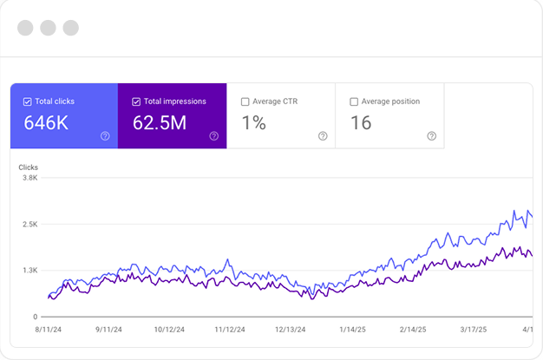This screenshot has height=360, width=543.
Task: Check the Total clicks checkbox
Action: tap(28, 101)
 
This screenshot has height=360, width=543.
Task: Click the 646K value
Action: tap(45, 123)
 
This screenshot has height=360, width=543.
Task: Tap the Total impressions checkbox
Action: tap(137, 101)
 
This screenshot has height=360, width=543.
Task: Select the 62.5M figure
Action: tap(160, 123)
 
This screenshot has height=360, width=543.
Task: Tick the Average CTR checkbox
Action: tap(245, 101)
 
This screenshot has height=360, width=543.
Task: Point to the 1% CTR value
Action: tap(253, 123)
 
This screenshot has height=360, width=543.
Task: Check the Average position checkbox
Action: tap(354, 101)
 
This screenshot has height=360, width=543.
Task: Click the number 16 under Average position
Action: tap(361, 123)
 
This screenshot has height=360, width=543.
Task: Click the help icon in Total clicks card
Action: tap(105, 135)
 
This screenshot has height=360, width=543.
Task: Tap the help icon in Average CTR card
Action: tap(323, 135)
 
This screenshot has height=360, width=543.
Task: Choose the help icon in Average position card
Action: tap(431, 135)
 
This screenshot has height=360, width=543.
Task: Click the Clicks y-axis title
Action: tap(29, 167)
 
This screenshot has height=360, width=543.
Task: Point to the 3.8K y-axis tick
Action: tap(29, 178)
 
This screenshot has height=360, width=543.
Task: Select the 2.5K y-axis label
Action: tap(29, 224)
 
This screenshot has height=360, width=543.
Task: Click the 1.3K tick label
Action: tap(29, 271)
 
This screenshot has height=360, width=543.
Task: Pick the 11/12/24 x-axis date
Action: tap(231, 330)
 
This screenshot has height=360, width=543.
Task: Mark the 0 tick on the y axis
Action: tap(36, 317)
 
